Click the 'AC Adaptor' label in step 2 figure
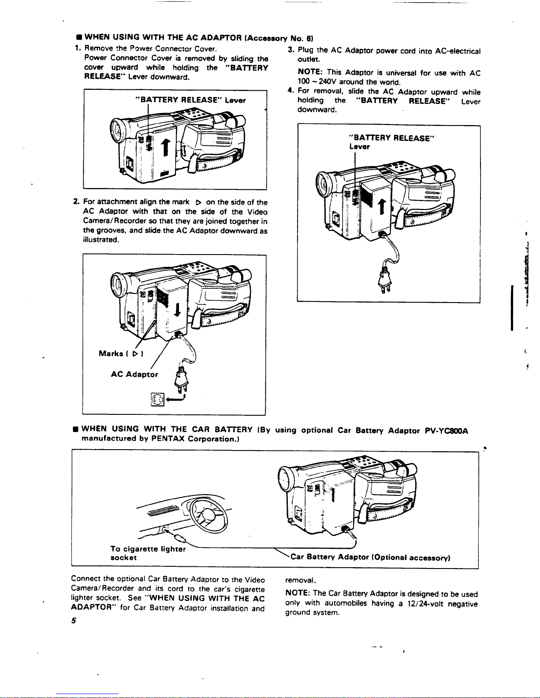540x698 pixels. [134, 374]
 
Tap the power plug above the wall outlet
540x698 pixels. [181, 379]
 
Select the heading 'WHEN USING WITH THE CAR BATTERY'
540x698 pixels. [167, 429]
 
